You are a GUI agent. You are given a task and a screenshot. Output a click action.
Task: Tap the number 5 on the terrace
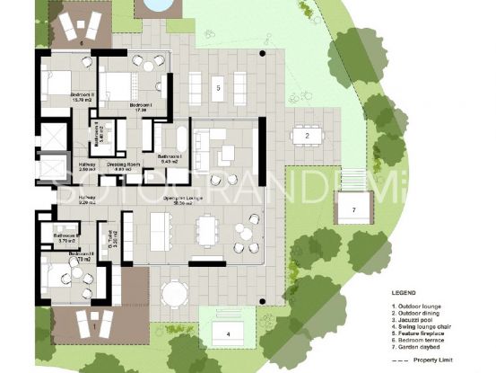[x=218, y=88]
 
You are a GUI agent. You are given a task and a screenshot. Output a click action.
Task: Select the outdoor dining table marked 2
[x=307, y=136]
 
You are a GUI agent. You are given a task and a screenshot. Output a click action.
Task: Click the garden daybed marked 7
[x=353, y=209]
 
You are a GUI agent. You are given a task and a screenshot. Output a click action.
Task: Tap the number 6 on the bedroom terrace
[x=82, y=41]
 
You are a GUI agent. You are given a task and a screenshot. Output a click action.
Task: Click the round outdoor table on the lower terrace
[x=173, y=292]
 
